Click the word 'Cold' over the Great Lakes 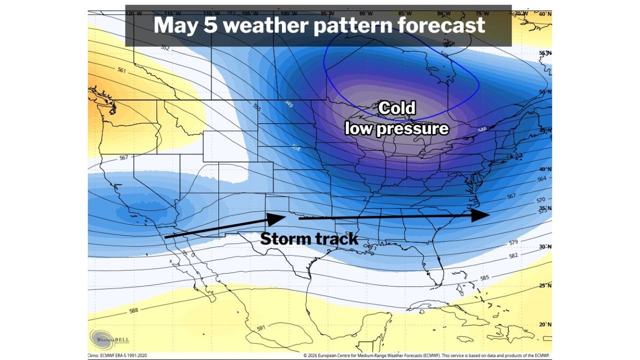(396, 108)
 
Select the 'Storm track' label (309, 239)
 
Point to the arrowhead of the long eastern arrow (481, 214)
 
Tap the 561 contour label (121, 70)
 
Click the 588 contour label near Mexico (133, 310)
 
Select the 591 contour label (261, 328)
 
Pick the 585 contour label (484, 277)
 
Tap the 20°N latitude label (544, 324)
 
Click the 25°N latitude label (544, 285)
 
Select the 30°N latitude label (544, 246)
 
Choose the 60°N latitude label (544, 14)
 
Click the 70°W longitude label (521, 13)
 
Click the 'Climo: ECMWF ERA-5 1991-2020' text (117, 355)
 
